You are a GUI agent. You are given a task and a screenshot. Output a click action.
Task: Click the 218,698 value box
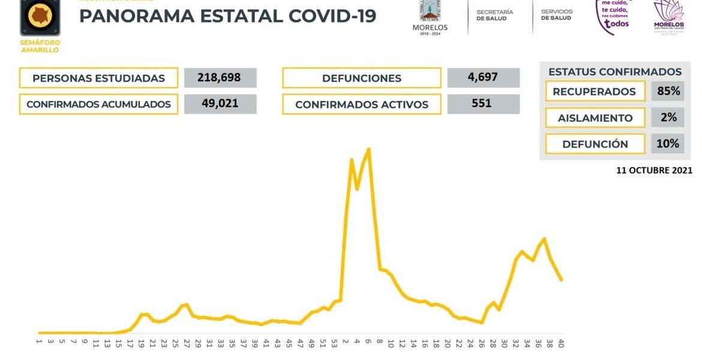220,78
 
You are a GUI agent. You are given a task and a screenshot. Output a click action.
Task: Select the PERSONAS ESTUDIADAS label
98,78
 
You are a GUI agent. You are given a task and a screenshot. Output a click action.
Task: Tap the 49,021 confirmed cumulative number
220,104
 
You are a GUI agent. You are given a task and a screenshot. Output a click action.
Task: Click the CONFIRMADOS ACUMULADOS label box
98,104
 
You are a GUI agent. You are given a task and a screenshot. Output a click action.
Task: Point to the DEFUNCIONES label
361,78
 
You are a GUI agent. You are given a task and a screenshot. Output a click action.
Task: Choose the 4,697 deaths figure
483,77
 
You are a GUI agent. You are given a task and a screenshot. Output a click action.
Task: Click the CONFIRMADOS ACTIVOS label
361,104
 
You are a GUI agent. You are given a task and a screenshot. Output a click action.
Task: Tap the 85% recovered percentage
668,91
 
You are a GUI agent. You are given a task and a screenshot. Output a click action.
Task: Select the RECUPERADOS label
594,92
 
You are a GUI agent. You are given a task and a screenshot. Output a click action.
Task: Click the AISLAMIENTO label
595,118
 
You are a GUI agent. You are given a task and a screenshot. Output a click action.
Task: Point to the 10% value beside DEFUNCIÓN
668,143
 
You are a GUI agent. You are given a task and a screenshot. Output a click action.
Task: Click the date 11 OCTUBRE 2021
654,170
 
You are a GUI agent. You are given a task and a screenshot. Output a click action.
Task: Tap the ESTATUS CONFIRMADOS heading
615,72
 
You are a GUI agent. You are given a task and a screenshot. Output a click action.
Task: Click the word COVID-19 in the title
332,16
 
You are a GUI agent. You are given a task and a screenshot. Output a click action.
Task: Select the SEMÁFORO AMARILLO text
40,46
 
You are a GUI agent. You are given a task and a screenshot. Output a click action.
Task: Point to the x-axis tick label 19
141,344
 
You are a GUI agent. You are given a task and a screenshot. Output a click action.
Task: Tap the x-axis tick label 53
334,344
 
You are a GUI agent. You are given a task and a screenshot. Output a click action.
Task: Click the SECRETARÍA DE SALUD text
495,15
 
